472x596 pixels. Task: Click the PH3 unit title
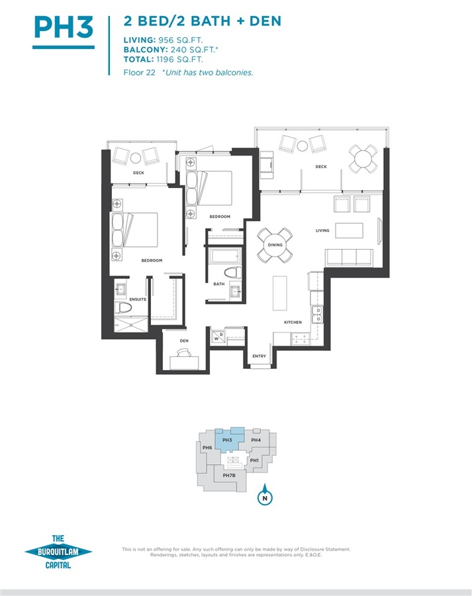(64, 27)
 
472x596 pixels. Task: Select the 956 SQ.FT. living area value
(181, 40)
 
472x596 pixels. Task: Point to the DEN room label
(184, 341)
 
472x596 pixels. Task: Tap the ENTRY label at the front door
(260, 356)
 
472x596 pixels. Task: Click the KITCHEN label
(293, 323)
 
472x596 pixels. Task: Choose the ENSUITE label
(138, 299)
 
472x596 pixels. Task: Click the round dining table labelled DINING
(275, 245)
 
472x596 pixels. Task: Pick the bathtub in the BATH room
(226, 256)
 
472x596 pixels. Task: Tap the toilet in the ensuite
(123, 307)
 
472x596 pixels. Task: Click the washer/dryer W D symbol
(218, 336)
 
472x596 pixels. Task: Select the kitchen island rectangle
(280, 293)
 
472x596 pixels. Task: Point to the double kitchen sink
(317, 315)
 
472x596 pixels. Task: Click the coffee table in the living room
(349, 230)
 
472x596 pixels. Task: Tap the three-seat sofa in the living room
(349, 258)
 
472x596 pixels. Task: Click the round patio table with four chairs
(363, 159)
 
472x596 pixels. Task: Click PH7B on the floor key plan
(229, 475)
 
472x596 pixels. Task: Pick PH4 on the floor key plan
(256, 440)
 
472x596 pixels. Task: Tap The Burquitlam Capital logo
(58, 552)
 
